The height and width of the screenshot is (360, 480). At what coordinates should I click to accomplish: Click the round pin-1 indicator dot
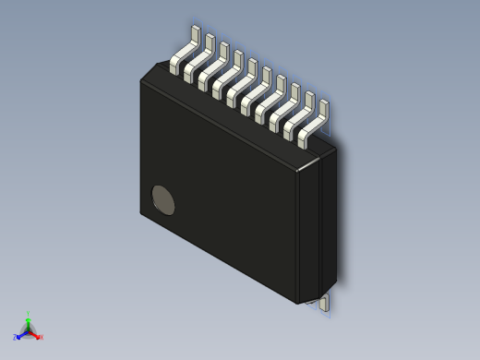click(x=163, y=199)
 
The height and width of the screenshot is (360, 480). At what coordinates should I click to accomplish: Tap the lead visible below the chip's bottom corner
click(x=325, y=303)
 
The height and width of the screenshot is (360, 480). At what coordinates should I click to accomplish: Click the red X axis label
click(x=42, y=337)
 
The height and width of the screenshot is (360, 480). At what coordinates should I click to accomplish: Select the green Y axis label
click(x=29, y=314)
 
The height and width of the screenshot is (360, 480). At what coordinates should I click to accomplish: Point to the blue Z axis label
click(x=15, y=338)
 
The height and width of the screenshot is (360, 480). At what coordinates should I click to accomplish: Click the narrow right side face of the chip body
click(x=328, y=222)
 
